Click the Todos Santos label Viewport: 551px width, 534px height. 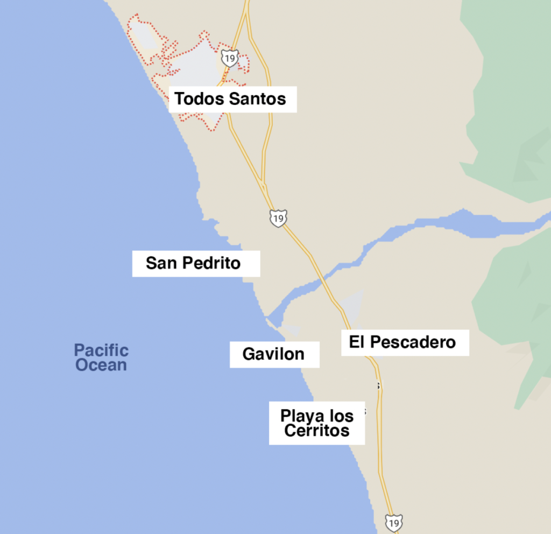pyautogui.click(x=230, y=99)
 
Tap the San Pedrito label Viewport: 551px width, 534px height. pyautogui.click(x=193, y=263)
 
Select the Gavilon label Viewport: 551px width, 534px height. pyautogui.click(x=273, y=354)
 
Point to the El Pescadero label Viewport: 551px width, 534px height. pyautogui.click(x=402, y=342)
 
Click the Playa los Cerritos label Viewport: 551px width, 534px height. pyautogui.click(x=317, y=423)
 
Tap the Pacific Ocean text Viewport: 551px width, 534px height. pyautogui.click(x=101, y=357)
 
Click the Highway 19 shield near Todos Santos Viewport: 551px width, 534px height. pyautogui.click(x=230, y=58)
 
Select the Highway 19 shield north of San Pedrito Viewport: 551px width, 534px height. pyautogui.click(x=278, y=218)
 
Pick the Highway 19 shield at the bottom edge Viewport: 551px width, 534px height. pyautogui.click(x=393, y=523)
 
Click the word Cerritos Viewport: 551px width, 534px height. pyautogui.click(x=317, y=431)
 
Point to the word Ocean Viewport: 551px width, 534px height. pyautogui.click(x=101, y=365)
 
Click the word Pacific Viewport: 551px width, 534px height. pyautogui.click(x=101, y=350)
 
